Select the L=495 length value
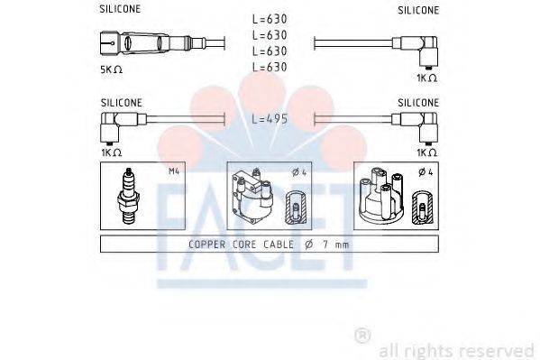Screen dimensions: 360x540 coord(270,119)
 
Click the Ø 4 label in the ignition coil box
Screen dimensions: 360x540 coord(298,171)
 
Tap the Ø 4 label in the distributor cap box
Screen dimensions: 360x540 coord(425,171)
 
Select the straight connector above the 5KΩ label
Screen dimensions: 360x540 coord(135,42)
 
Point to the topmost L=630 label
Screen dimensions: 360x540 coord(270,20)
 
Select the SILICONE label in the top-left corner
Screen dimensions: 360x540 coord(119,10)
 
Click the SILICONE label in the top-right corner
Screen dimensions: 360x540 coord(418,10)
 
